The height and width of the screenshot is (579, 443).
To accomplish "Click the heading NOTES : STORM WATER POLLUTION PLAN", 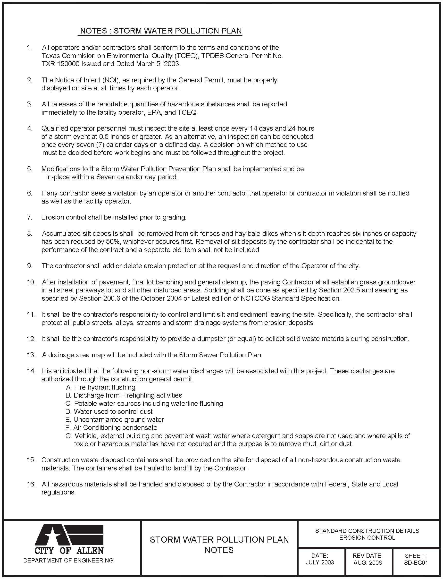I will click(x=161, y=31).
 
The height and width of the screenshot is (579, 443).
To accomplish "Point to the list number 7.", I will click(x=29, y=217).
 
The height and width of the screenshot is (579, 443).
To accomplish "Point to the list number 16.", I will click(x=31, y=484).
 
